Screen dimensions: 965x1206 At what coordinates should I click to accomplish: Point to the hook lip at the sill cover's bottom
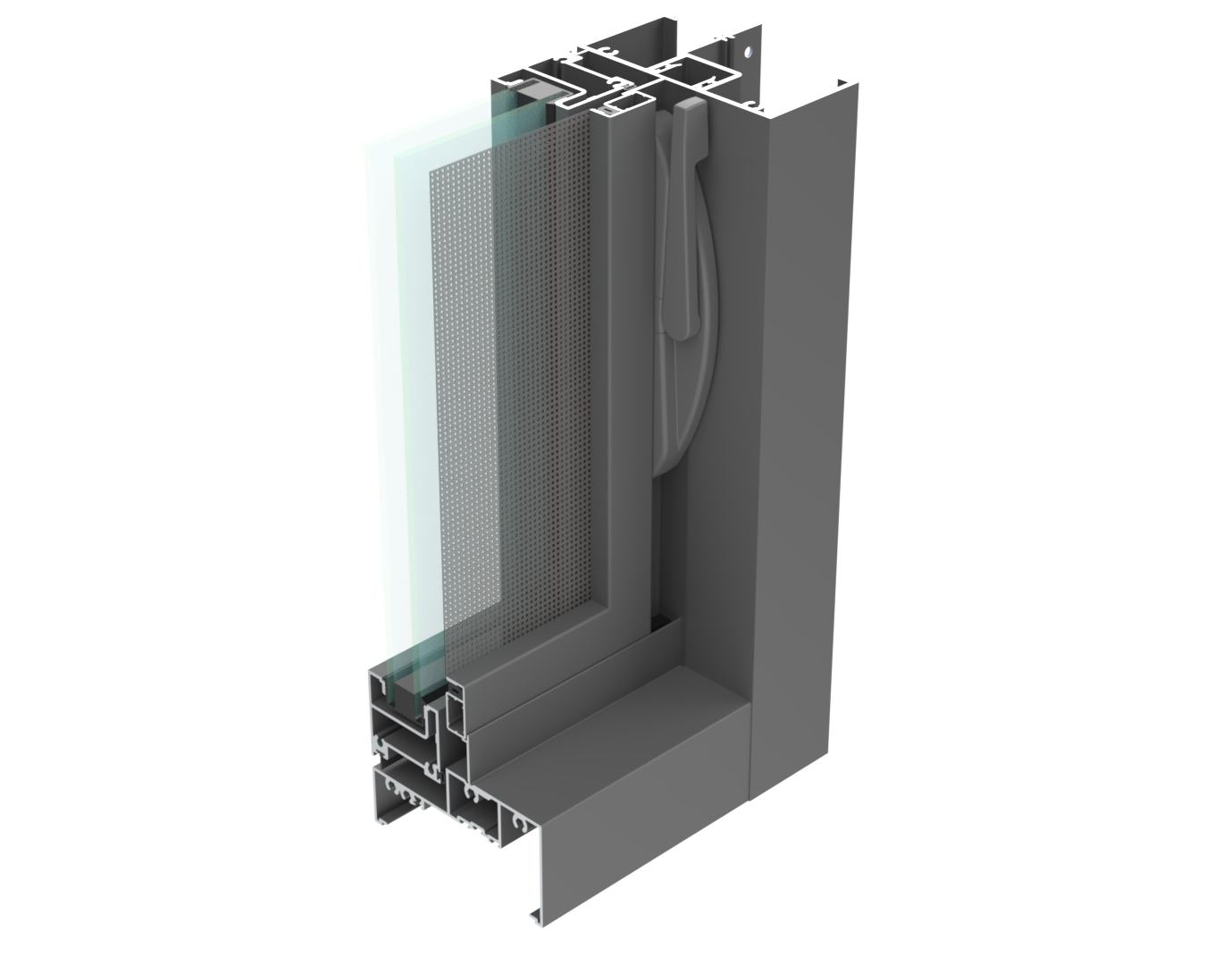534,915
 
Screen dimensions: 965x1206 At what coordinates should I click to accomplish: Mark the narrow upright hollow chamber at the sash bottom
455,715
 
